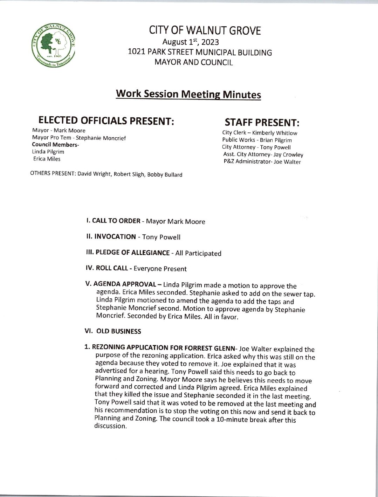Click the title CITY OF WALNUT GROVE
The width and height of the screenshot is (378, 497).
[x=205, y=31]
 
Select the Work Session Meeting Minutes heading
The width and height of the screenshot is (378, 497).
[x=188, y=95]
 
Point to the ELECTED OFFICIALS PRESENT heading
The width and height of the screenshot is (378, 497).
[x=106, y=121]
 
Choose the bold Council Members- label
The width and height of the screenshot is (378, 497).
[x=56, y=145]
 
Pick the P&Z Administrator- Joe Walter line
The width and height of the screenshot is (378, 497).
[x=262, y=162]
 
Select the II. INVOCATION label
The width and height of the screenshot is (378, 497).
[x=111, y=237]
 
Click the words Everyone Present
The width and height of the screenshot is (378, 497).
[x=160, y=269]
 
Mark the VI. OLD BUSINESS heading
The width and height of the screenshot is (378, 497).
[x=114, y=331]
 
